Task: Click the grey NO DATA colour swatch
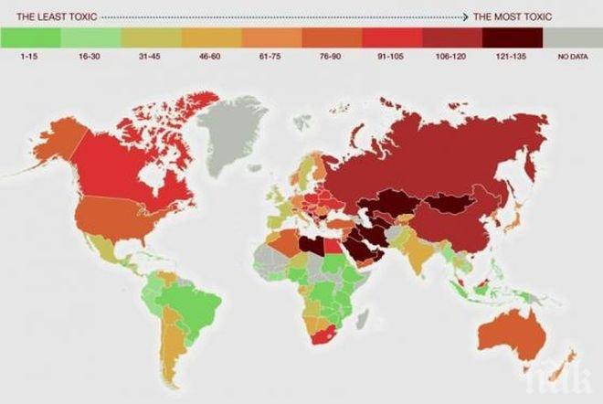(573, 37)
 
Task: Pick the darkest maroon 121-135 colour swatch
(513, 37)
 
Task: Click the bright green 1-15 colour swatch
(30, 37)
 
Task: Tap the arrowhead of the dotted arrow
(466, 16)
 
